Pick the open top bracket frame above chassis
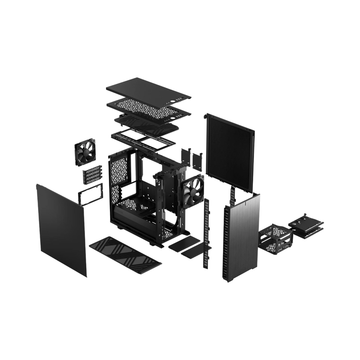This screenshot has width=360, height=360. point(142,138)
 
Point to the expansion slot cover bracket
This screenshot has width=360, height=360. point(93,173)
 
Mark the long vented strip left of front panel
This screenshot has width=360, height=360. point(206,234)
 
